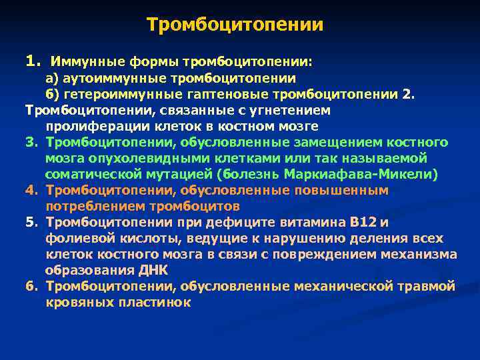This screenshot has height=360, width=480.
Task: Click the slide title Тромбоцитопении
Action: click(x=235, y=25)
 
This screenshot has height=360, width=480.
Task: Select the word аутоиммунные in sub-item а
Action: click(x=101, y=78)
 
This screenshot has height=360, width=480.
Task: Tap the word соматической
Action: click(x=91, y=175)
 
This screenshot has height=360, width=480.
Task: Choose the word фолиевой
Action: click(x=76, y=239)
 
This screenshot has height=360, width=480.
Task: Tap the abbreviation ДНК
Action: click(x=173, y=271)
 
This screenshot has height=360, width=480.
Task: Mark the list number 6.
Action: click(x=30, y=287)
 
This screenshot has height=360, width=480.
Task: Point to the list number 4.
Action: click(x=30, y=191)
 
